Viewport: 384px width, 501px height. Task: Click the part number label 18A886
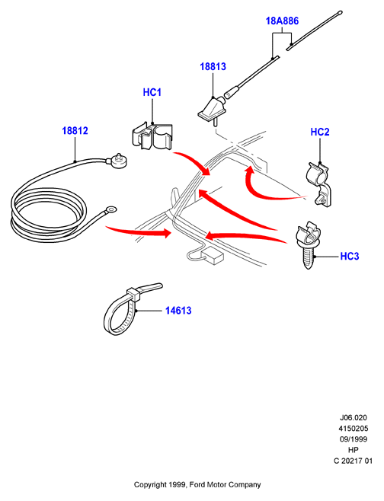pos(282,21)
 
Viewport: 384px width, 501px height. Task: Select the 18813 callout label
pos(213,66)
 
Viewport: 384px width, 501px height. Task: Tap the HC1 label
pos(152,92)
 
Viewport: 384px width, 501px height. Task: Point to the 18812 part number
pos(75,131)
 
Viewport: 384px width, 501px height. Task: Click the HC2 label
pos(320,132)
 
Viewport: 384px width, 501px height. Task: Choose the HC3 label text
pos(350,257)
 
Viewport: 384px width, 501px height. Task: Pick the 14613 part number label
pos(178,311)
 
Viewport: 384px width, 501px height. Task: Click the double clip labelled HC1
pos(152,136)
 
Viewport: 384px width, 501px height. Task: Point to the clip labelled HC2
pos(319,184)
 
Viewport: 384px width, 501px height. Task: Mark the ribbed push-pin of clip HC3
pos(308,257)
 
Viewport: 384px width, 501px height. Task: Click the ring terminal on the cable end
pos(111,210)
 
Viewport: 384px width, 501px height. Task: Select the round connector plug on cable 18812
pos(119,161)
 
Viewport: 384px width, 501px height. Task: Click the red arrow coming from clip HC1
pos(192,162)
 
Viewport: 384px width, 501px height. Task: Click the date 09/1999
pos(354,439)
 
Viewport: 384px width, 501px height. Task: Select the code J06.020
pos(354,417)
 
